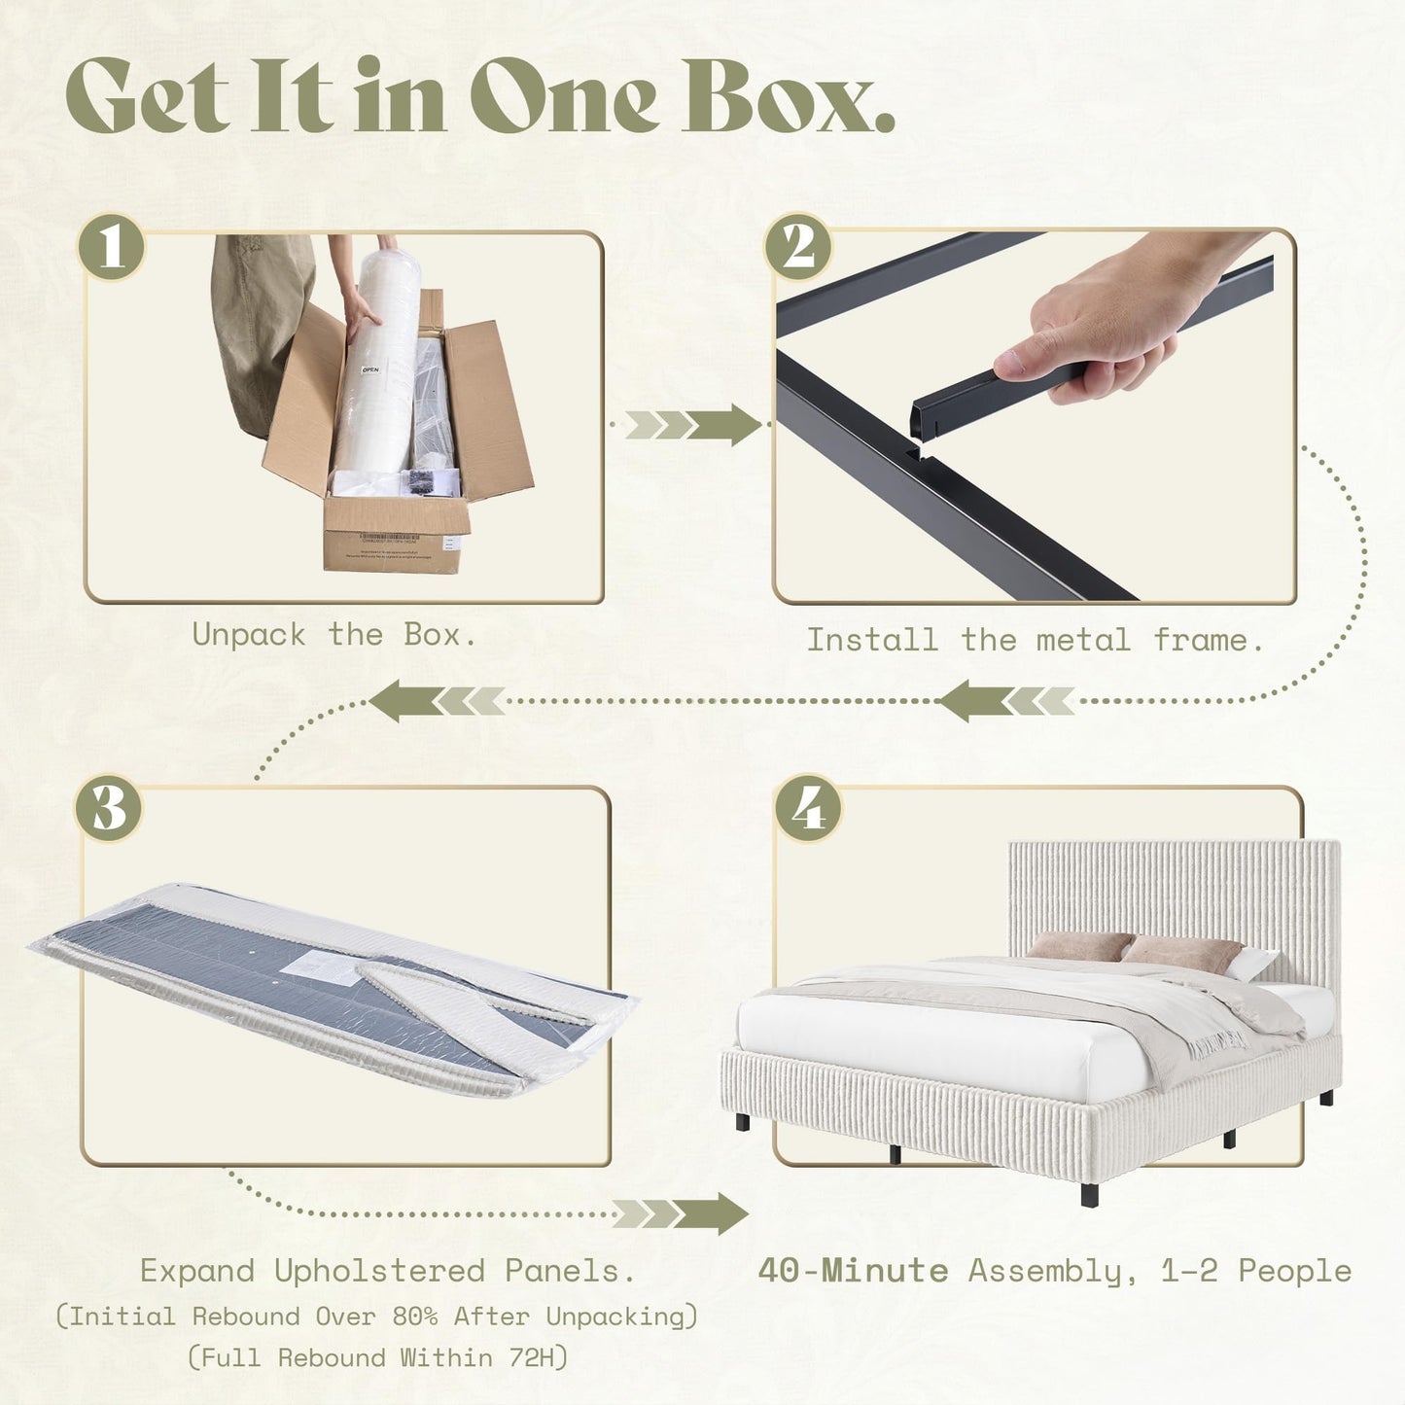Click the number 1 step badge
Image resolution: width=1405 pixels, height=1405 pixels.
[x=112, y=246]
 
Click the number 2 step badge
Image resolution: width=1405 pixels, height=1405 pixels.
[x=797, y=246]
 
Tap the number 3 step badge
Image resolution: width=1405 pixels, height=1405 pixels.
[x=109, y=808]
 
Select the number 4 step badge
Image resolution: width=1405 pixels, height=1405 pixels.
[x=808, y=808]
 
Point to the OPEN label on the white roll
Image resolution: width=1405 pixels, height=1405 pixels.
[x=370, y=370]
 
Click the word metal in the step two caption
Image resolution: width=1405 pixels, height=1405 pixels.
[x=1083, y=641]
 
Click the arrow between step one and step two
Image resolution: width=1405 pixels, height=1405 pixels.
[x=692, y=424]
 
